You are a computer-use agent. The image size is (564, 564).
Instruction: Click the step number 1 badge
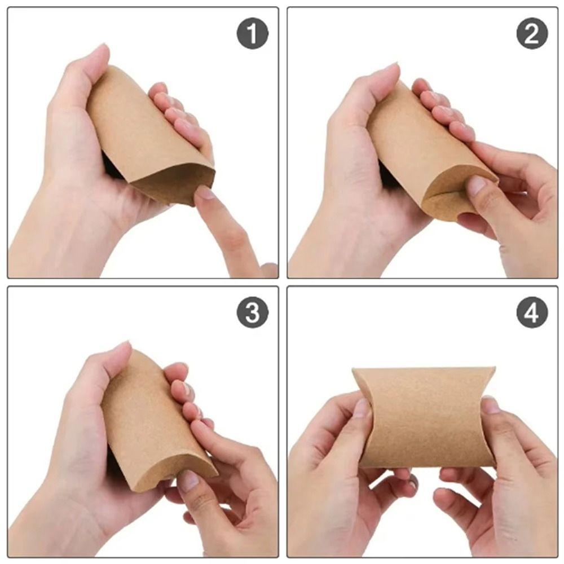(x=252, y=34)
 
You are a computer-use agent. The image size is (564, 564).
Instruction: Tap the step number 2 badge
(x=532, y=34)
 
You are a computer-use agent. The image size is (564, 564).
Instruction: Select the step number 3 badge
(x=252, y=312)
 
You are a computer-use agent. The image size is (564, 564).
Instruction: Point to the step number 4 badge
(x=532, y=312)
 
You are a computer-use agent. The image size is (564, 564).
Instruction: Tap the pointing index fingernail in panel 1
(x=205, y=193)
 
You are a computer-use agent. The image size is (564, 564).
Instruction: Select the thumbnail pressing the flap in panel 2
(x=477, y=185)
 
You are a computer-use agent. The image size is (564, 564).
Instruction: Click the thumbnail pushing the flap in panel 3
(x=188, y=480)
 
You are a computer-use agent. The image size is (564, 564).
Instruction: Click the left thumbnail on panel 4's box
(x=361, y=407)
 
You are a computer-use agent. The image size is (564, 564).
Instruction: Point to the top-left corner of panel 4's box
(x=354, y=370)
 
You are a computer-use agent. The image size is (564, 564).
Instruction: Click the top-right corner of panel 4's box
(x=494, y=369)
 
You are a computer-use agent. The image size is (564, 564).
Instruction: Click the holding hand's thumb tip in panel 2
(x=389, y=70)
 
